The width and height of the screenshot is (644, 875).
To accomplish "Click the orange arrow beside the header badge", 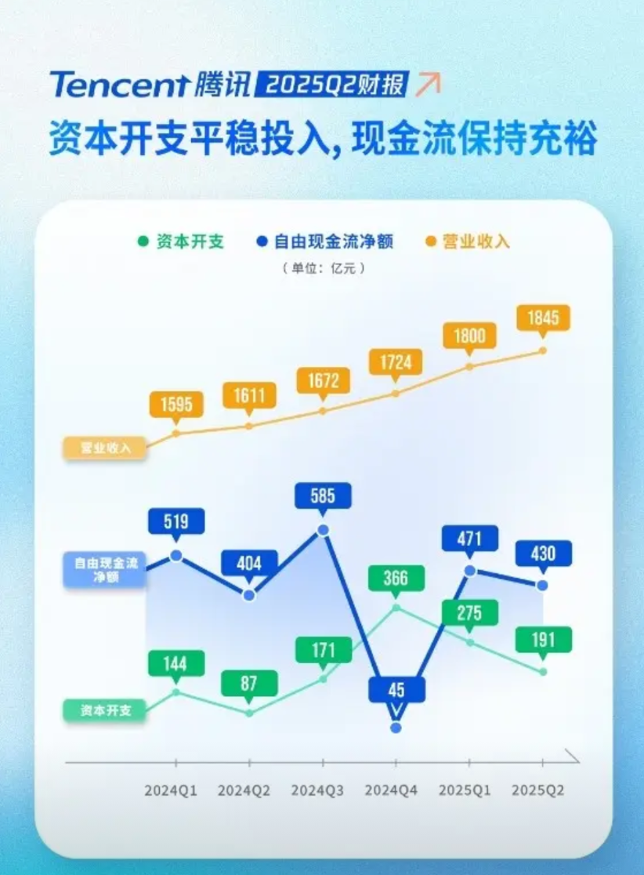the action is [428, 83].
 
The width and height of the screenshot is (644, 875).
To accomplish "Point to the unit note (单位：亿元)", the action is [324, 268].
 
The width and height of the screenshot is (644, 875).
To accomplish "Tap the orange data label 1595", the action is [175, 404].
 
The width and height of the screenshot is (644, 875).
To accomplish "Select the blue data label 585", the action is [323, 496].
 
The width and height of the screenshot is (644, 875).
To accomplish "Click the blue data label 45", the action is [396, 690].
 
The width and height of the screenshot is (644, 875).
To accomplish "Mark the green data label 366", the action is [396, 578].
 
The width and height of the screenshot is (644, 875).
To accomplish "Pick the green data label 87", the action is [249, 683].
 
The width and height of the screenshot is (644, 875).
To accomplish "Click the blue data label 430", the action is [543, 554].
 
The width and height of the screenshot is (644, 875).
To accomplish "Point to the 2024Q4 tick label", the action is [391, 790].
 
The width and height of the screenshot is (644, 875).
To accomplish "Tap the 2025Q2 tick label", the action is [537, 790].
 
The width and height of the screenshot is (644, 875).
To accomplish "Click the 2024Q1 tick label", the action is [171, 790].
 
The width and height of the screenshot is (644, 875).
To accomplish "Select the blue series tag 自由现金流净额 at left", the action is [105, 568].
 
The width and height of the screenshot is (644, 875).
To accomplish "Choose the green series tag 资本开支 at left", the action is [103, 710].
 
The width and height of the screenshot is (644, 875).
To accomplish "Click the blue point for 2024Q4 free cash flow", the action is [396, 728].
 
